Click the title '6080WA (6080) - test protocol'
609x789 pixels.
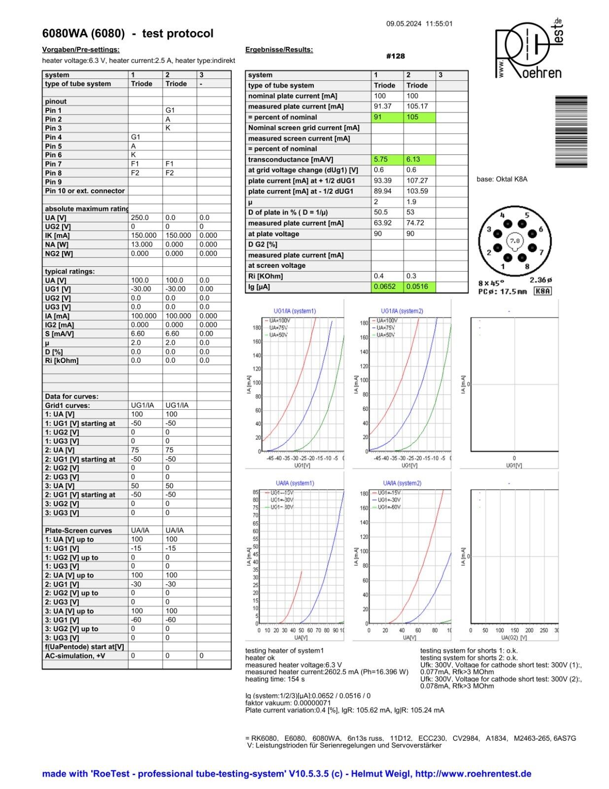pyautogui.click(x=128, y=34)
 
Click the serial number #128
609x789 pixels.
pyautogui.click(x=395, y=56)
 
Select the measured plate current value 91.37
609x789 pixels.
pyautogui.click(x=383, y=107)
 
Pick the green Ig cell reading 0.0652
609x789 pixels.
pyautogui.click(x=384, y=287)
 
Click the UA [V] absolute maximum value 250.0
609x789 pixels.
pyautogui.click(x=139, y=217)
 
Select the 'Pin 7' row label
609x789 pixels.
pyautogui.click(x=53, y=164)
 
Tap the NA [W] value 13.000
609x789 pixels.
pyautogui.click(x=141, y=244)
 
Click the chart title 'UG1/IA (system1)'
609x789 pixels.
pyautogui.click(x=295, y=311)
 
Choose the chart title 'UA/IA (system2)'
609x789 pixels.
pyautogui.click(x=402, y=483)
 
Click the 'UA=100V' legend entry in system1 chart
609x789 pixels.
pyautogui.click(x=280, y=321)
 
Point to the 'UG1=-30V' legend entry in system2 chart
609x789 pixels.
pyautogui.click(x=388, y=500)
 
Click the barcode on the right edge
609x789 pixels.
pyautogui.click(x=571, y=132)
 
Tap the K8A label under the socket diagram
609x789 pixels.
pyautogui.click(x=543, y=291)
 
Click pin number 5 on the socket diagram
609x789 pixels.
pyautogui.click(x=527, y=215)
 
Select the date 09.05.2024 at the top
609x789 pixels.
pyautogui.click(x=404, y=24)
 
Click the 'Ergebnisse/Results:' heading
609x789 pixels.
pyautogui.click(x=279, y=50)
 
